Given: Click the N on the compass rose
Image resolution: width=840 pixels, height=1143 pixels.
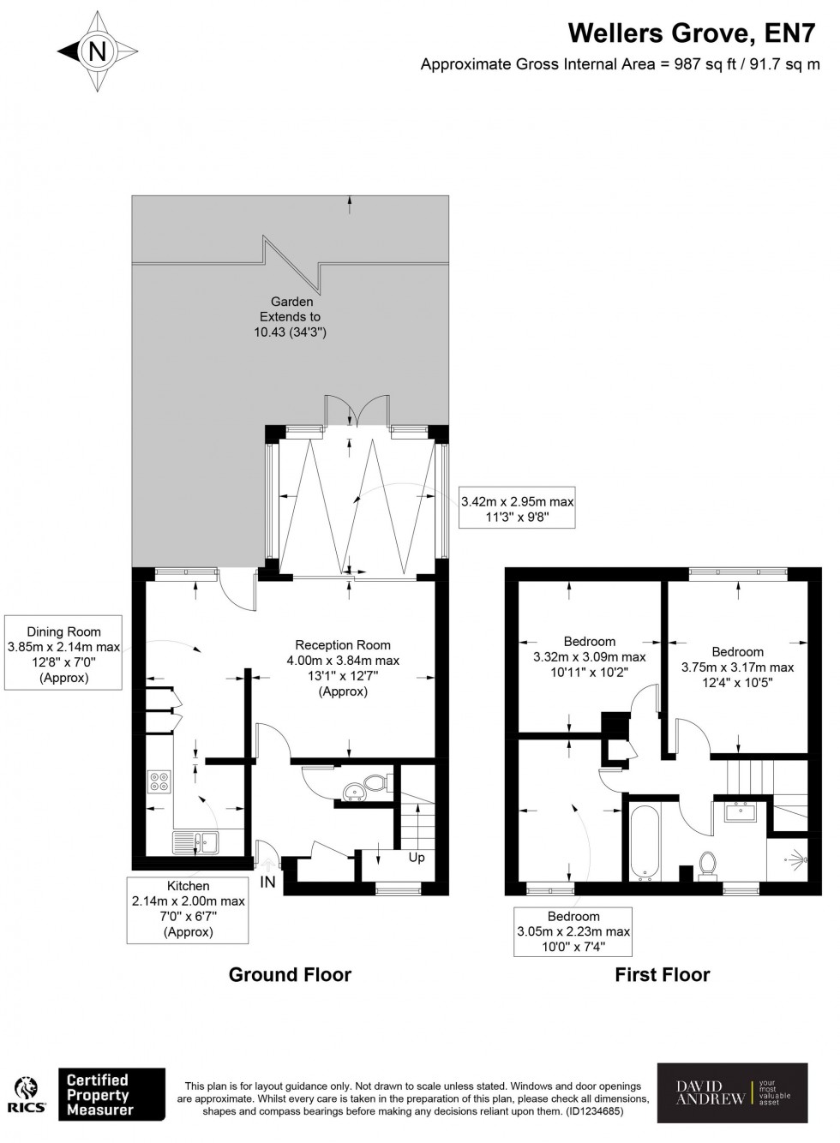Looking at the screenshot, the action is coord(98,51).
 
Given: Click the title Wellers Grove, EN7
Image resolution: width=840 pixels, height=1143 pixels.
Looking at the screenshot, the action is coord(692,33).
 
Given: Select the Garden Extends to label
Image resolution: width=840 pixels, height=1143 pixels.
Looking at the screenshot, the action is coord(291,309).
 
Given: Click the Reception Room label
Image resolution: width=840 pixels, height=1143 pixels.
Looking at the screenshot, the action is coord(343,645).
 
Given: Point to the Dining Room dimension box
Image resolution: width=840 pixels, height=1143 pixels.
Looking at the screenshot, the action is coord(63,653).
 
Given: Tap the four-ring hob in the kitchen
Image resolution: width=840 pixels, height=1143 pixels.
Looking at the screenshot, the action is coord(159,781).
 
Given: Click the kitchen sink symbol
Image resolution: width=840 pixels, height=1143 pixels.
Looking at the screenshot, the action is coord(195,841).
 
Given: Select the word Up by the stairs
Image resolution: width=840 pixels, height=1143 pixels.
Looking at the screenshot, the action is coord(417,858).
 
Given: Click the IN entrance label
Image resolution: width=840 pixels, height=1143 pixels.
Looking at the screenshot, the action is coord(268,882).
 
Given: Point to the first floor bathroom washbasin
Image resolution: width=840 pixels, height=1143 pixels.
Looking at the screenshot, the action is coord(740,811).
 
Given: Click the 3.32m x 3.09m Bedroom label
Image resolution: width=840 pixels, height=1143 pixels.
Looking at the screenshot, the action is coord(590,656).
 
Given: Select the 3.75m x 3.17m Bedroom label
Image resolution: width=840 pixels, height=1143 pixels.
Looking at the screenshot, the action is coord(737,667).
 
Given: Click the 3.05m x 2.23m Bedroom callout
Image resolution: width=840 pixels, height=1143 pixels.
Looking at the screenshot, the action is coord(573,931).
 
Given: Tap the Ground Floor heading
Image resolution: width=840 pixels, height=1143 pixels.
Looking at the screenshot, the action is coord(290,974).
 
